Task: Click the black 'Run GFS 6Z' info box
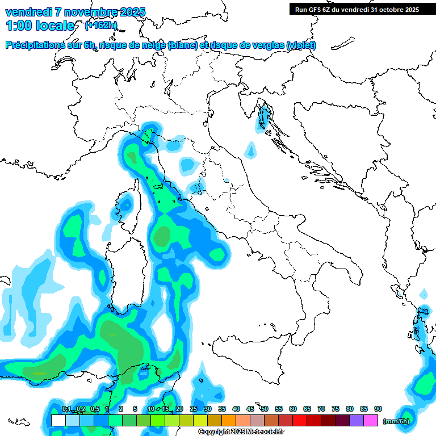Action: (x=357, y=10)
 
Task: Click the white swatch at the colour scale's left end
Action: (x=58, y=421)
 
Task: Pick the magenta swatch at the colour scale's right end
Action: (x=371, y=421)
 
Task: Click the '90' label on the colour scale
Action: (x=378, y=409)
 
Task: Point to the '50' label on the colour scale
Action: (x=265, y=409)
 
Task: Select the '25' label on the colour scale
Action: (x=194, y=409)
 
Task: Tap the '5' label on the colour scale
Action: (x=135, y=409)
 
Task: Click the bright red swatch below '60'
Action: (x=300, y=421)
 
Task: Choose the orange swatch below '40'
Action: (x=229, y=421)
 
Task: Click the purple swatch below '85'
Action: (x=357, y=421)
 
